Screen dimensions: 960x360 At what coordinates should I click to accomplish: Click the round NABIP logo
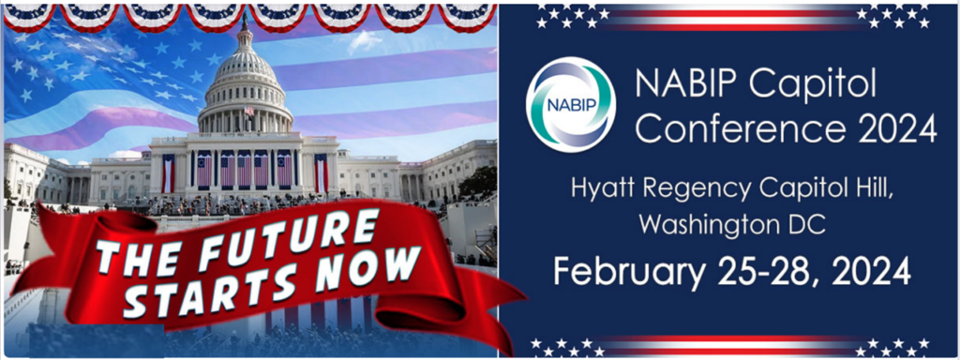[571, 104]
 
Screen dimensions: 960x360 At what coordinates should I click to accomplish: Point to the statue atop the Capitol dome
[246, 20]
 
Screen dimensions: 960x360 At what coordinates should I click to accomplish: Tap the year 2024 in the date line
[870, 270]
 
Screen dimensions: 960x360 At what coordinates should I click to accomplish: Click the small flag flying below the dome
[249, 111]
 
